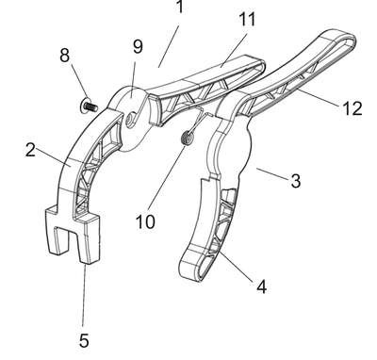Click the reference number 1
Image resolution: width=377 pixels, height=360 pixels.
point(180,7)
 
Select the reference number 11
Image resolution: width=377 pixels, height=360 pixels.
point(247,20)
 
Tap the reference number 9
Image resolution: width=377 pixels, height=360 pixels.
point(138,46)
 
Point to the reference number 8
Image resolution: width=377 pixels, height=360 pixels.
point(64,56)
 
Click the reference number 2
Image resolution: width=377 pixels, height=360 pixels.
point(30,150)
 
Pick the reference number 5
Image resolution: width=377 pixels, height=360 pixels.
point(84,340)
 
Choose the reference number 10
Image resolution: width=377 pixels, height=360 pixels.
point(145,221)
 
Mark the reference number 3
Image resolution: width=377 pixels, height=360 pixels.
point(295,181)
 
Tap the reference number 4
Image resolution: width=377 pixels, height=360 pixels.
point(261,286)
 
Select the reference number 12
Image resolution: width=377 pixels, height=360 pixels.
point(352,108)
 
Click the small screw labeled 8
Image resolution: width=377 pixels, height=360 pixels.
point(89,106)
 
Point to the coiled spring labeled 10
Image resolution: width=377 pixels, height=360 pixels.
point(188,139)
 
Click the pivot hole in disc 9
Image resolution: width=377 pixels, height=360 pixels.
point(130,121)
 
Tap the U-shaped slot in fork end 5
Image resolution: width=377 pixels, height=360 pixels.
point(64,239)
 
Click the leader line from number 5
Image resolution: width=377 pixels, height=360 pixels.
point(84,296)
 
